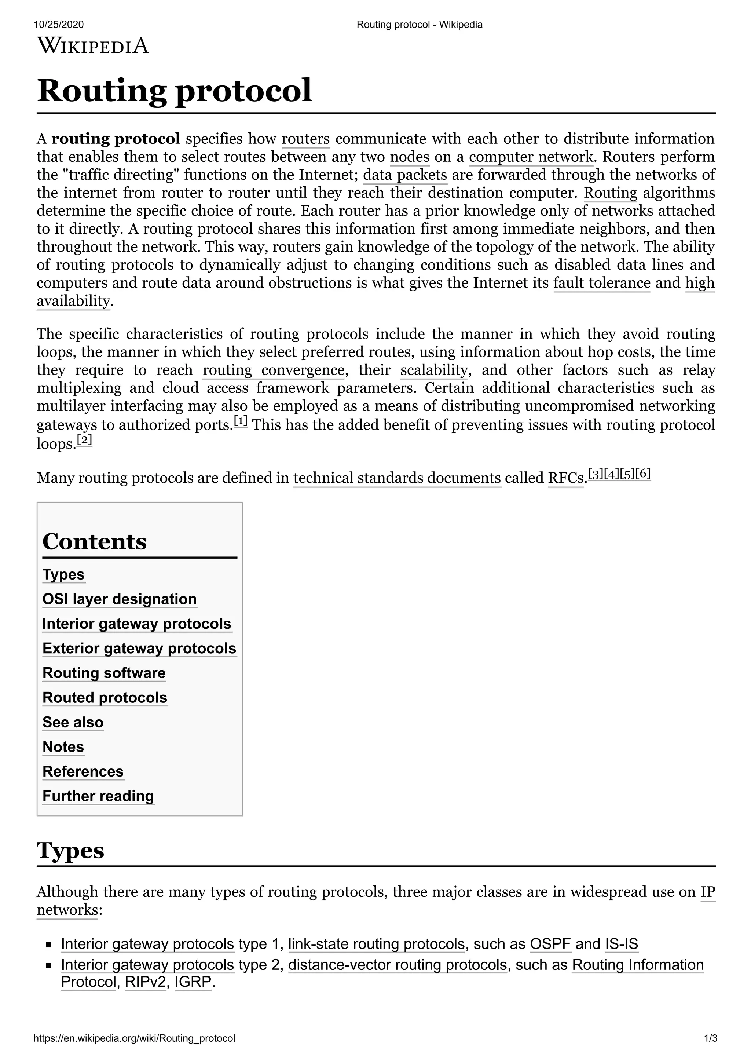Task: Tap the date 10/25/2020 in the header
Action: click(x=59, y=25)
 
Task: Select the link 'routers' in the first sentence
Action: click(x=305, y=139)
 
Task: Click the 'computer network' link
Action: click(x=531, y=157)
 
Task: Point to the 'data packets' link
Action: click(x=405, y=175)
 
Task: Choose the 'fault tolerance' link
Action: click(x=601, y=283)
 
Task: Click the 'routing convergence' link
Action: click(x=274, y=370)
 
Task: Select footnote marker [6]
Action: click(x=643, y=474)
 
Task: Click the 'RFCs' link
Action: click(x=565, y=478)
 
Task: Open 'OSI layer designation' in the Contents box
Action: click(x=120, y=599)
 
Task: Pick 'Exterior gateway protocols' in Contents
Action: click(x=139, y=648)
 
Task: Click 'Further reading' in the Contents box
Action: click(x=98, y=796)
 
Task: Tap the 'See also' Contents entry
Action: click(x=73, y=722)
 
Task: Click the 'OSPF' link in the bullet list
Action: click(x=550, y=944)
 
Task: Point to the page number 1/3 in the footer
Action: click(x=710, y=1038)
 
